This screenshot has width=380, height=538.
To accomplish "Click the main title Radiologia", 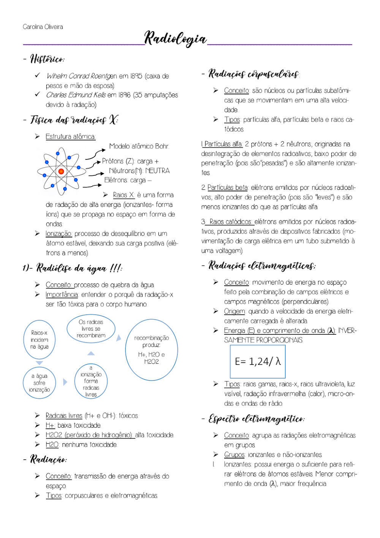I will pos(175,38).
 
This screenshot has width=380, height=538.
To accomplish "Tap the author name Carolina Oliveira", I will pos(43,27).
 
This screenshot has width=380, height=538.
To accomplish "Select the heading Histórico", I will pos(47,59).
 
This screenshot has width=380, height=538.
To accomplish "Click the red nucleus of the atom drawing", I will pos(61,172).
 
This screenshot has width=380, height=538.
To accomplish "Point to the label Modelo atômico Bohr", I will pos(139,146).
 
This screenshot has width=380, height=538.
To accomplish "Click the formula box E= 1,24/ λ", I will pos(258,361).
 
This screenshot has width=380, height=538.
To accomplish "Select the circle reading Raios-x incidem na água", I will pos(40,340).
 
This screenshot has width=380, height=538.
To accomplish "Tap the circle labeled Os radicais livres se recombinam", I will pos(91,329).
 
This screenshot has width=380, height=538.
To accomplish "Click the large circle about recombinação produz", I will pos(151,350).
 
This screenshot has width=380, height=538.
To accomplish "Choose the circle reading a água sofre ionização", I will pos(40,383).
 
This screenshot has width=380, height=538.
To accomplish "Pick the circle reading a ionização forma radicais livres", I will pos(91,381).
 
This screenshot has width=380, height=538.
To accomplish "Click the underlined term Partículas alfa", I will pos(223,144).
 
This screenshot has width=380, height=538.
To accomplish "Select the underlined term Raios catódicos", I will pos(230,222).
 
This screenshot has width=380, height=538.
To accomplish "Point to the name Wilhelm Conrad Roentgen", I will pos(82,76).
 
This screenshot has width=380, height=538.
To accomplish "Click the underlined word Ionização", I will pos(59,234).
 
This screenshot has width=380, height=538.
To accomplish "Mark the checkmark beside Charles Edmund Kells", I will pos(37,94).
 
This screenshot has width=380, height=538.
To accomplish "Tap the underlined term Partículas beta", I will pos(227,188).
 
